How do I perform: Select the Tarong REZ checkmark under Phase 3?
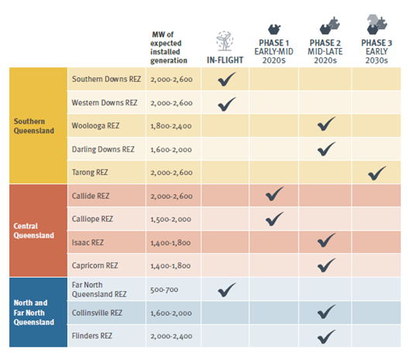pyautogui.click(x=377, y=173)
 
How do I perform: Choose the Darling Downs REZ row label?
pyautogui.click(x=103, y=149)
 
